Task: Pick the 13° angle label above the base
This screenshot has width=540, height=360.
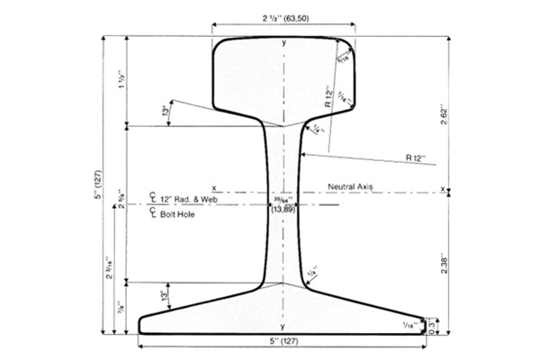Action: pyautogui.click(x=165, y=294)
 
